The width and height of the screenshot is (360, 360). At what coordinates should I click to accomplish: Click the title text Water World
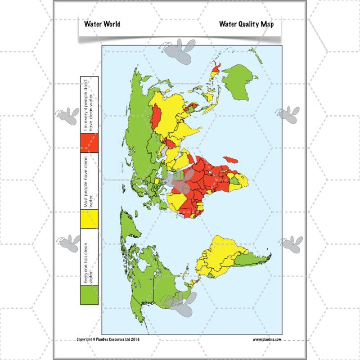pyautogui.click(x=102, y=24)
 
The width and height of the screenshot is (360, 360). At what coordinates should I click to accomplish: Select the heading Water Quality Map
pyautogui.click(x=246, y=24)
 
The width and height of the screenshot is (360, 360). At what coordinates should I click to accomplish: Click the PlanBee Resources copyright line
pyautogui.click(x=108, y=339)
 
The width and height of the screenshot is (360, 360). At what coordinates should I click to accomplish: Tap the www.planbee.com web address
pyautogui.click(x=266, y=339)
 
